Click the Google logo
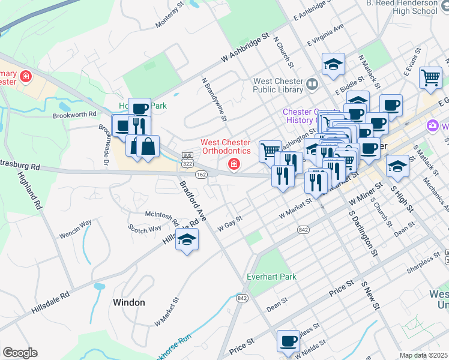coord(20,353)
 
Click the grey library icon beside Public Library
coord(312,85)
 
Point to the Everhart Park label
coord(272,277)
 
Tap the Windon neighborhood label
coord(128,302)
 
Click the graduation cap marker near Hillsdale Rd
coord(187,239)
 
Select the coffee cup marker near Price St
coord(288,341)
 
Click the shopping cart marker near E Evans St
coord(430,77)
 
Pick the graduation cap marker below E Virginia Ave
coord(333,64)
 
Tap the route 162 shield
coord(202,174)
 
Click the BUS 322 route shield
coord(187,158)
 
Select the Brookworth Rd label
coord(74,114)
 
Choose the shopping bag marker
coord(148,146)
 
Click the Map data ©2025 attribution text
coord(424,355)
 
